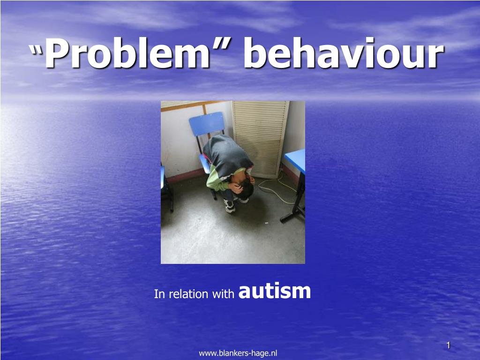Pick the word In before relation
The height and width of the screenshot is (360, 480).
pyautogui.click(x=160, y=294)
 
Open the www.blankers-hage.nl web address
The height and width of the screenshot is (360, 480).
pyautogui.click(x=238, y=353)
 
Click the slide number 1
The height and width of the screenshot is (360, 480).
pyautogui.click(x=449, y=345)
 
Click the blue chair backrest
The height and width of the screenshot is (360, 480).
pyautogui.click(x=207, y=123)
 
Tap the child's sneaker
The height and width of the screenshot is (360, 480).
pyautogui.click(x=230, y=206)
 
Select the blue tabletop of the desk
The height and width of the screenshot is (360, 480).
pyautogui.click(x=296, y=160)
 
